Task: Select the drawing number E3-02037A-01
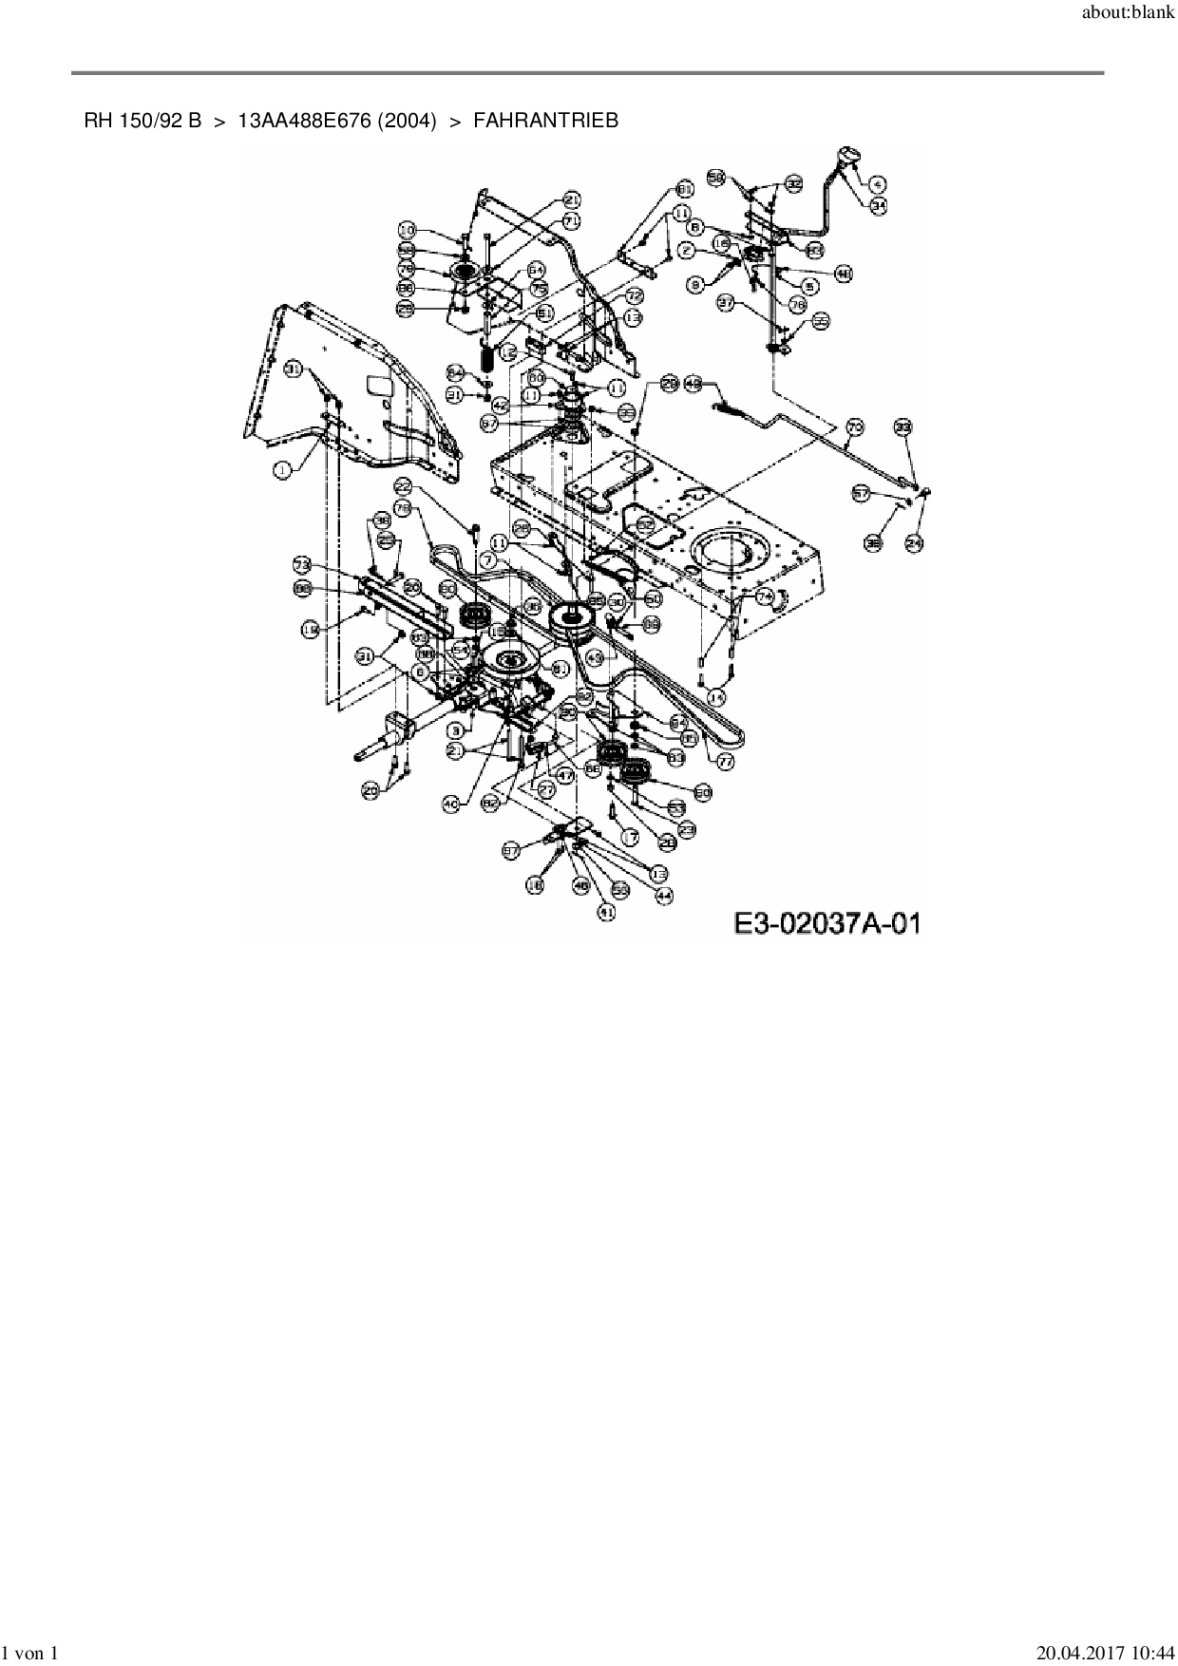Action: [826, 922]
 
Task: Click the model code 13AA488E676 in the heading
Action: [305, 121]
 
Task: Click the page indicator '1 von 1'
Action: [32, 1654]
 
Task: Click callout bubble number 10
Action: [408, 230]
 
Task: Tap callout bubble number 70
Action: [854, 427]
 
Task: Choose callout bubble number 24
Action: [914, 543]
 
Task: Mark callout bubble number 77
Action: [727, 761]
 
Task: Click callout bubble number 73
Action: [302, 565]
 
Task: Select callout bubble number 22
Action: [403, 484]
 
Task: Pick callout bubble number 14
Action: [716, 698]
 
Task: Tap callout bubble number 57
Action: [862, 494]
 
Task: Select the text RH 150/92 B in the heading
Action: [142, 121]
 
